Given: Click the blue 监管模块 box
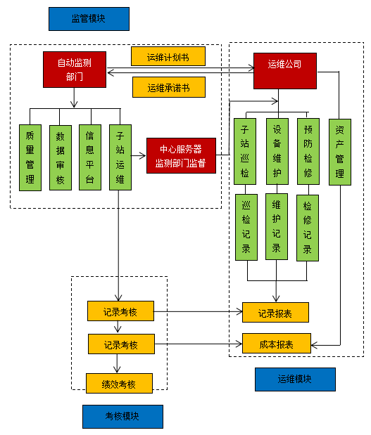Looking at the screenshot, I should (89, 19).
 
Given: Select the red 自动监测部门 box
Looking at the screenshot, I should (74, 70).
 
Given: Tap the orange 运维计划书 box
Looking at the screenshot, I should (168, 56).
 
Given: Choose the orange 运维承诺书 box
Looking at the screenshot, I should (168, 87).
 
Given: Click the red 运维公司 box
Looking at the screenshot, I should (284, 70).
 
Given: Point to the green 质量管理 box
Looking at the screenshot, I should (30, 157).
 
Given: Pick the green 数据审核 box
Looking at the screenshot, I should (60, 157).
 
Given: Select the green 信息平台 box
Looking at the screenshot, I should (90, 157).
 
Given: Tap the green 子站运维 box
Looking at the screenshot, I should (120, 157).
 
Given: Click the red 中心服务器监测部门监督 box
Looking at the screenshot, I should (180, 156).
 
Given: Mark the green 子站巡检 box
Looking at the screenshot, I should (245, 151).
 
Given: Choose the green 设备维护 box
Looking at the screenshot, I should (277, 151).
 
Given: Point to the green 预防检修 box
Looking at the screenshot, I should (308, 151).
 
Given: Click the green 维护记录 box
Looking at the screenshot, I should (277, 228).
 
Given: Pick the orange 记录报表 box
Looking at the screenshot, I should (275, 312).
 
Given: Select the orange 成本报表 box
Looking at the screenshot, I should (275, 343).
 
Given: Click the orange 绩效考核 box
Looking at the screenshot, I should (120, 383).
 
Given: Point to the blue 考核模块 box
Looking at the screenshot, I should (122, 416).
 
